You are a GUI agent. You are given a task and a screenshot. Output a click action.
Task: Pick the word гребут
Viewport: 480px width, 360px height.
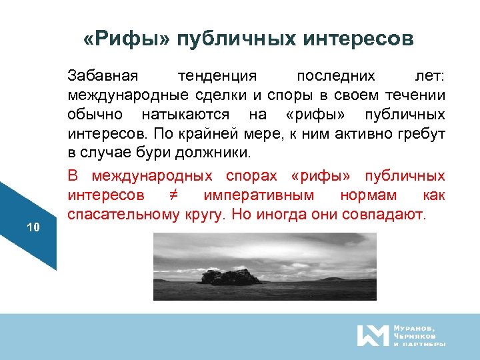click(421, 135)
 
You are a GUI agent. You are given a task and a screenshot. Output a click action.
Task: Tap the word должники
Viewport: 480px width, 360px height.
click(217, 153)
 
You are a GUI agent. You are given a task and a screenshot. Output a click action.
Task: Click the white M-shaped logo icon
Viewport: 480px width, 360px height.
click(372, 335)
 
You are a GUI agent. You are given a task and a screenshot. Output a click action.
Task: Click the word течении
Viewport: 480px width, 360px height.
click(415, 96)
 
